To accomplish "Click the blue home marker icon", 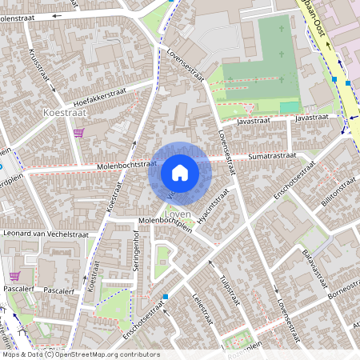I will (x=179, y=172).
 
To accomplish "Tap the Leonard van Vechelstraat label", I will (x=45, y=234).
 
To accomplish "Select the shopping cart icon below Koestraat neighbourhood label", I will (x=78, y=133).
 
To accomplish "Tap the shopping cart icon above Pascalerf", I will (x=14, y=275).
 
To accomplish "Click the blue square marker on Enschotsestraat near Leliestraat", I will (x=166, y=297).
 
